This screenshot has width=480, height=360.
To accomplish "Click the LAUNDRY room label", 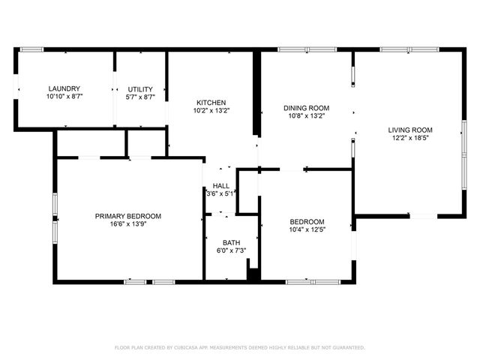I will (x=64, y=88).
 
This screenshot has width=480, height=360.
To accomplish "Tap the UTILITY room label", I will (x=140, y=88).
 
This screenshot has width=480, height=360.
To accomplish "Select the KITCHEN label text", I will (x=211, y=103).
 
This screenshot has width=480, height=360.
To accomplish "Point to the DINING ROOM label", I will (x=307, y=108).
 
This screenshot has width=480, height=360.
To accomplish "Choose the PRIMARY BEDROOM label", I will (x=128, y=216).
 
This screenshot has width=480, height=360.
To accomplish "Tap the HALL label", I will (x=221, y=185).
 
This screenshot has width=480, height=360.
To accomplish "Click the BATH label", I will (x=231, y=242).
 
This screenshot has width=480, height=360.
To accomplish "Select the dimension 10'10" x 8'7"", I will (x=64, y=97).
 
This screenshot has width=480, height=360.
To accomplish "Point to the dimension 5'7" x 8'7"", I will (x=140, y=97).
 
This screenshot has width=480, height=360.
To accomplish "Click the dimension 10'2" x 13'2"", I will (x=211, y=111).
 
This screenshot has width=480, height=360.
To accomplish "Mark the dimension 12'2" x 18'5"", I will (x=410, y=139).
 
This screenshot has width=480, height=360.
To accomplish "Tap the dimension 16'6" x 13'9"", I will (x=128, y=224).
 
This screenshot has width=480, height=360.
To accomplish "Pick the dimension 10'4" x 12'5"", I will (x=307, y=229).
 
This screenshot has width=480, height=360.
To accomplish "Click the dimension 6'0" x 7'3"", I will (x=231, y=250).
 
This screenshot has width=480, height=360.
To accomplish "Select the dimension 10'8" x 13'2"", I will (x=307, y=116).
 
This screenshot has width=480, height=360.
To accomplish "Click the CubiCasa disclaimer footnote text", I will (x=240, y=347).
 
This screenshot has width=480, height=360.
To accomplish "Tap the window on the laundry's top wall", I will (x=31, y=49).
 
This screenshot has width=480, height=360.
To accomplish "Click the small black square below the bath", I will (x=253, y=275).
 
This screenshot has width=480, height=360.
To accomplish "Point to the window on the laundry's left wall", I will (x=16, y=88).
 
